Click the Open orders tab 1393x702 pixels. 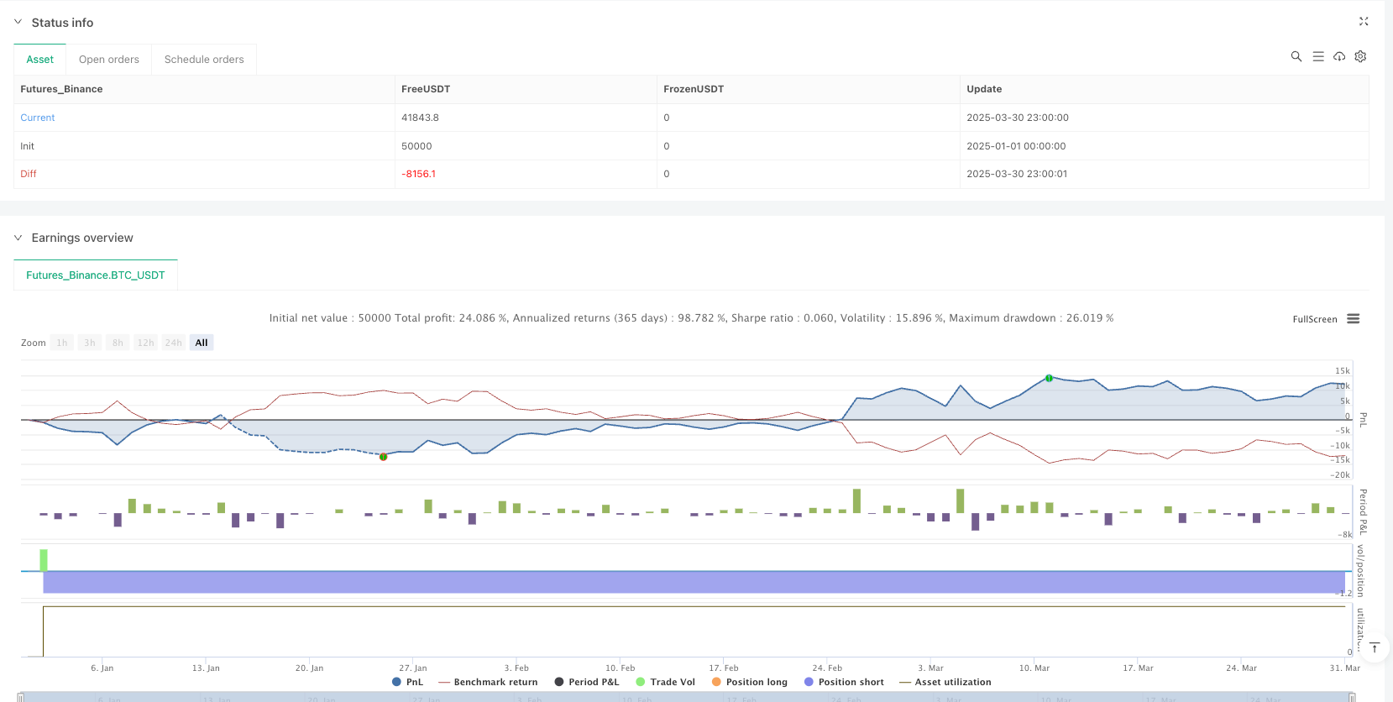(x=109, y=60)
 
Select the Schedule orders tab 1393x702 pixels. (x=204, y=60)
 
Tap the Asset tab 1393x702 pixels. (x=39, y=60)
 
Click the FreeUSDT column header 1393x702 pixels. (x=426, y=89)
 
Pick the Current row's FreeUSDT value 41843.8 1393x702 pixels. (x=420, y=118)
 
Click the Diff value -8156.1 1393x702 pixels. (x=418, y=174)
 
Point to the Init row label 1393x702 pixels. (x=28, y=146)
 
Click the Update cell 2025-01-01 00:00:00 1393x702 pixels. (x=1016, y=146)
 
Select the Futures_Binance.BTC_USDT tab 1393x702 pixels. (x=96, y=275)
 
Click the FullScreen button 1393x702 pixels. (x=1315, y=319)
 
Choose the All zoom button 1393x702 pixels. (x=202, y=343)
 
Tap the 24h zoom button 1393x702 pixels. (x=174, y=343)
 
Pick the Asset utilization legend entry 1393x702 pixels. (x=952, y=682)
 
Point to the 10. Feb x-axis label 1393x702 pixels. (x=620, y=668)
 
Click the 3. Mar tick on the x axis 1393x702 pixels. (x=930, y=668)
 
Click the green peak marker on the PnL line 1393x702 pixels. (x=1049, y=379)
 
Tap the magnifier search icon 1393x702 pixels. (x=1296, y=56)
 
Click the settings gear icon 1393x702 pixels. (x=1361, y=56)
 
